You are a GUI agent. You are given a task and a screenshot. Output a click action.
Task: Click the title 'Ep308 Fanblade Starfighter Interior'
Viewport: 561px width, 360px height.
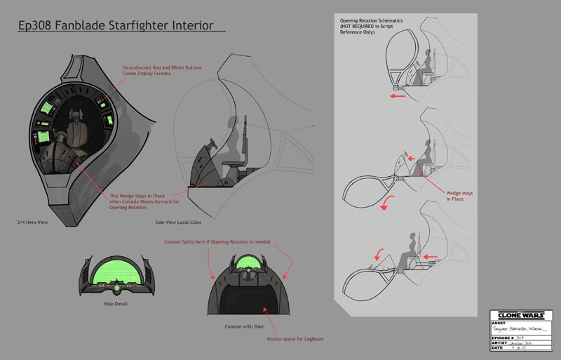click(115, 27)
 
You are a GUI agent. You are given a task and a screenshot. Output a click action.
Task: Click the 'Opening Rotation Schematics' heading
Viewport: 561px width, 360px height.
click(371, 21)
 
